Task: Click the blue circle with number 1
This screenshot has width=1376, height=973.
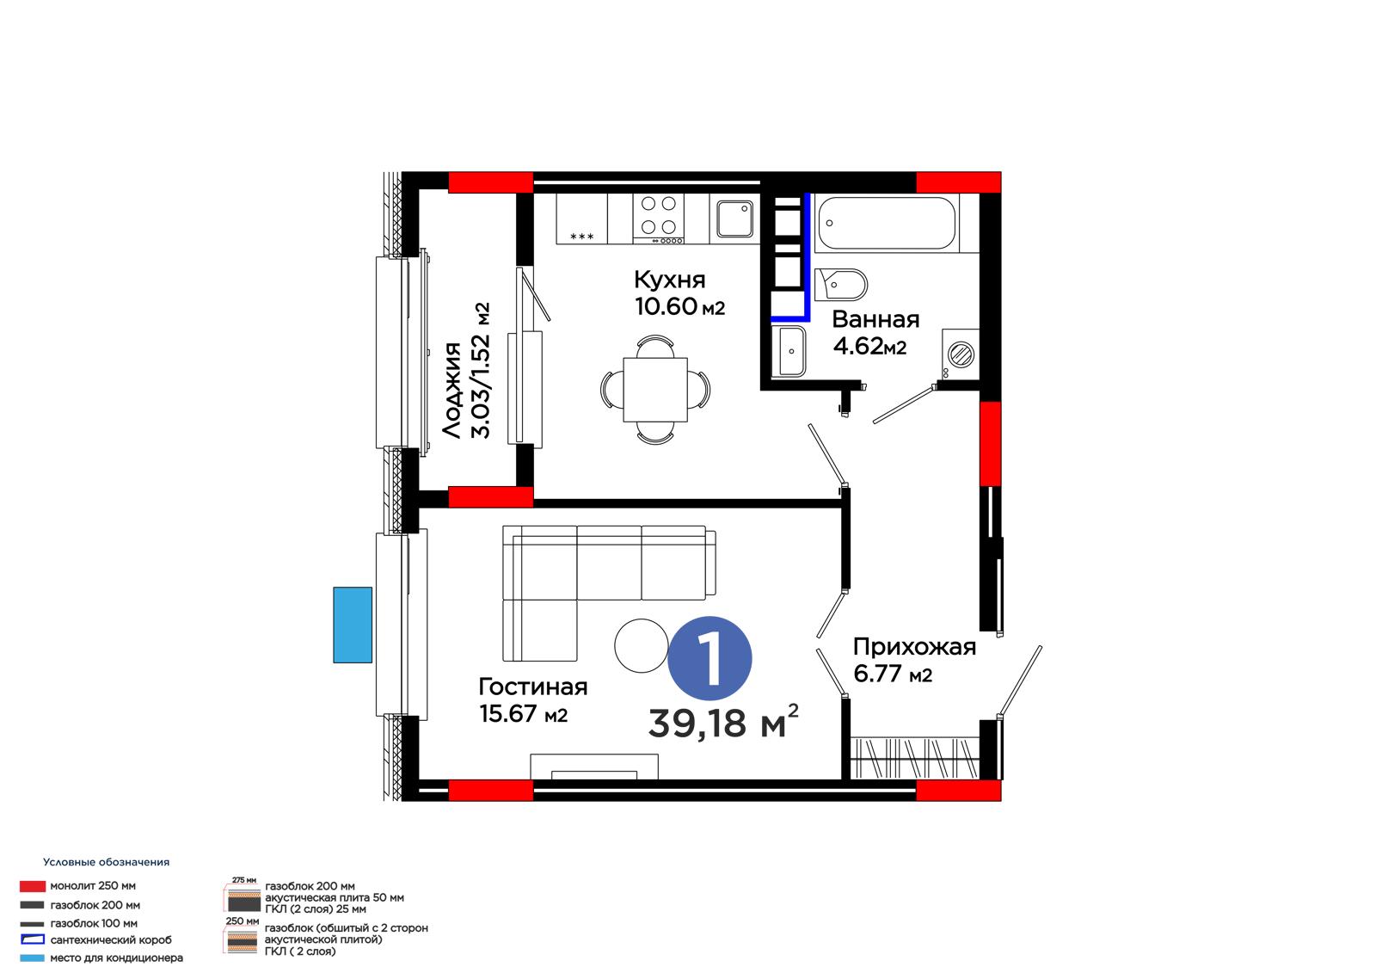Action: [x=709, y=657]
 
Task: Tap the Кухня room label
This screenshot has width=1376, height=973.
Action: [x=670, y=280]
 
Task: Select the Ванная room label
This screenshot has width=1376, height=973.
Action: [x=875, y=320]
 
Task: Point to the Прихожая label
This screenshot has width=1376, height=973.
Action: [x=914, y=647]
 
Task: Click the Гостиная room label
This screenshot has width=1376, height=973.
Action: [x=532, y=687]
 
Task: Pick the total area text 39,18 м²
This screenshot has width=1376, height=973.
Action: [x=723, y=722]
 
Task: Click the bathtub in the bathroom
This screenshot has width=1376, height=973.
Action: [x=887, y=223]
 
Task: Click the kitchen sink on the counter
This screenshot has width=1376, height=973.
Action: [x=734, y=219]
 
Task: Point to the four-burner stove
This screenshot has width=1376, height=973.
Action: [x=658, y=219]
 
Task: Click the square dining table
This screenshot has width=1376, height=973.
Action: [x=654, y=389]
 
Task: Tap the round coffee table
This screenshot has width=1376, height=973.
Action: [x=642, y=645]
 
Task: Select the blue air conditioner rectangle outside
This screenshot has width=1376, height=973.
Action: [x=353, y=625]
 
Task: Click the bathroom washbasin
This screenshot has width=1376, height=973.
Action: [x=792, y=351]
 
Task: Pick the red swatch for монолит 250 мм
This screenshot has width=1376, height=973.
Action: [x=33, y=886]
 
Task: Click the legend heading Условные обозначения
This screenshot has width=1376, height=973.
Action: [x=107, y=862]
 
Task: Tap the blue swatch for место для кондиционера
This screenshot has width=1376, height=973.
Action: [x=32, y=958]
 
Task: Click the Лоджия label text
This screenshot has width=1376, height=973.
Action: [x=452, y=390]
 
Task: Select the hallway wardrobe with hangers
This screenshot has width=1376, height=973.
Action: [x=915, y=757]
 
